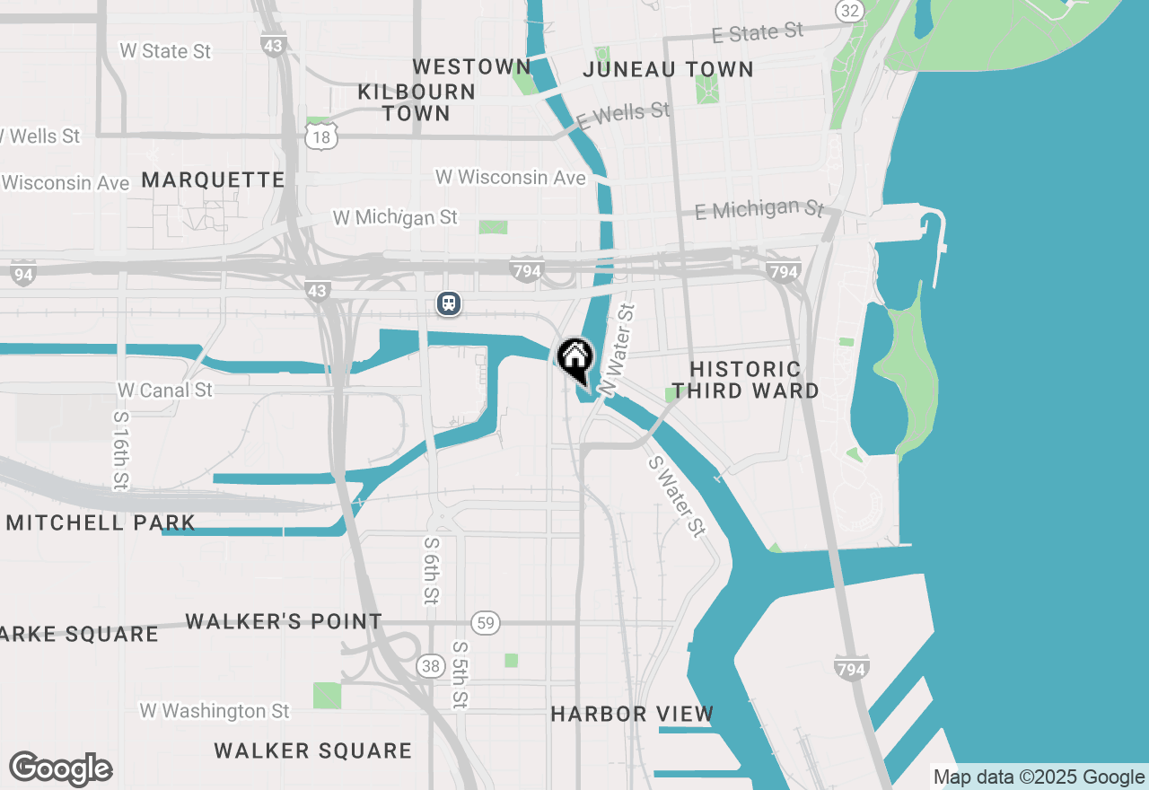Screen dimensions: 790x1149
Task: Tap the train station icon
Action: [x=449, y=303]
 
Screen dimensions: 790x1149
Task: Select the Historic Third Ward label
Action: [x=745, y=380]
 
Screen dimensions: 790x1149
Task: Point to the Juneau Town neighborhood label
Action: [x=668, y=69]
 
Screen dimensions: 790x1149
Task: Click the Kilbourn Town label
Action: [x=416, y=102]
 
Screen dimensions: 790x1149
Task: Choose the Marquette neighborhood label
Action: [x=213, y=180]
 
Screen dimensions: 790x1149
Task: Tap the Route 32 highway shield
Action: [x=848, y=10]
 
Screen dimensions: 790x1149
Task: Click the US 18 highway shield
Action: [x=321, y=136]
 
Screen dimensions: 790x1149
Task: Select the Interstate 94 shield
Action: [x=24, y=274]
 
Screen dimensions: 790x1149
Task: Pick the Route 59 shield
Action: [x=486, y=623]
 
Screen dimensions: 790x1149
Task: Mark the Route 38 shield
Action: [x=430, y=665]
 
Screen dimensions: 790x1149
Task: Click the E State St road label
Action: [x=758, y=33]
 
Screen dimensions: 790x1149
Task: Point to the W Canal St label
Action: [x=165, y=391]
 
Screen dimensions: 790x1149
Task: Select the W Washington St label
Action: [x=215, y=711]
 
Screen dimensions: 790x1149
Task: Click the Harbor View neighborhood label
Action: [x=632, y=714]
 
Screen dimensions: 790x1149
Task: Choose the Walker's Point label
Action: [x=284, y=621]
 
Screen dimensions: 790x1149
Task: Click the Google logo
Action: [x=61, y=769]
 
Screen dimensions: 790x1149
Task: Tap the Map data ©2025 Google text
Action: [x=1039, y=777]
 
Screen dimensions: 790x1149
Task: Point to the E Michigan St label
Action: [x=759, y=210]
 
